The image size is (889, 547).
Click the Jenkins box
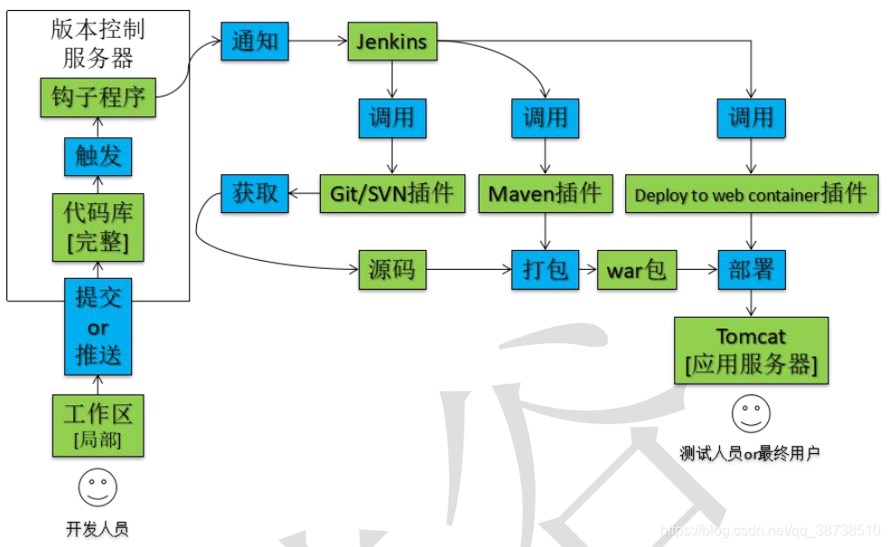pyautogui.click(x=392, y=42)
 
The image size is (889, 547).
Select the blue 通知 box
pyautogui.click(x=255, y=42)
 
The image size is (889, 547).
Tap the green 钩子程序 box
pyautogui.click(x=98, y=97)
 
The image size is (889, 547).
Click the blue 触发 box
pyautogui.click(x=98, y=156)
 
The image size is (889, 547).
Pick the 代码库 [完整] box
pyautogui.click(x=98, y=228)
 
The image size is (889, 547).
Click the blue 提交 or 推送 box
pyautogui.click(x=98, y=326)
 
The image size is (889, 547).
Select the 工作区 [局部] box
pyautogui.click(x=98, y=425)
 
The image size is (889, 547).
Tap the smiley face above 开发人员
pyautogui.click(x=98, y=487)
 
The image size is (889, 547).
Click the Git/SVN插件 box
pyautogui.click(x=392, y=193)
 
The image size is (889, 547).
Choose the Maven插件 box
pyautogui.click(x=546, y=193)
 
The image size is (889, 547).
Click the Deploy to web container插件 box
pyautogui.click(x=751, y=193)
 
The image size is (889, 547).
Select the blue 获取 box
pyautogui.click(x=255, y=192)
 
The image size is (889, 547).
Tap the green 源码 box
pyautogui.click(x=392, y=269)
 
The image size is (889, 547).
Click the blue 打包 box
pyautogui.click(x=545, y=269)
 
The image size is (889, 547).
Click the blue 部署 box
pyautogui.click(x=752, y=269)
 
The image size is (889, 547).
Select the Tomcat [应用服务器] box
pyautogui.click(x=751, y=349)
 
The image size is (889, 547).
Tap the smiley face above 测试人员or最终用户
pyautogui.click(x=751, y=413)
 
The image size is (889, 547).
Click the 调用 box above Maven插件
pyautogui.click(x=545, y=117)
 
